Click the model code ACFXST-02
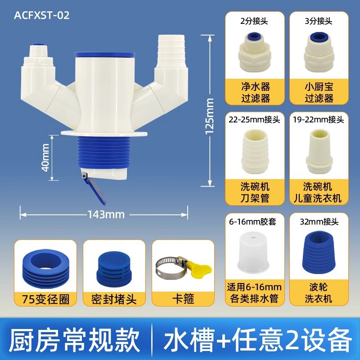(41, 15)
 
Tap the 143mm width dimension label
(106, 215)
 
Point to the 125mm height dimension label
(209, 116)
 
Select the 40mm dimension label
(45, 157)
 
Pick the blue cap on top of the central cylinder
(105, 54)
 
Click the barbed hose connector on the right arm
(171, 49)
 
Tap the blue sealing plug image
(114, 269)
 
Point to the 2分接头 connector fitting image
(255, 53)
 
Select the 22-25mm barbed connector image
(255, 152)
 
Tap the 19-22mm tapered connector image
(319, 152)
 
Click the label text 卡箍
(183, 299)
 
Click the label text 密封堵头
(114, 299)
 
